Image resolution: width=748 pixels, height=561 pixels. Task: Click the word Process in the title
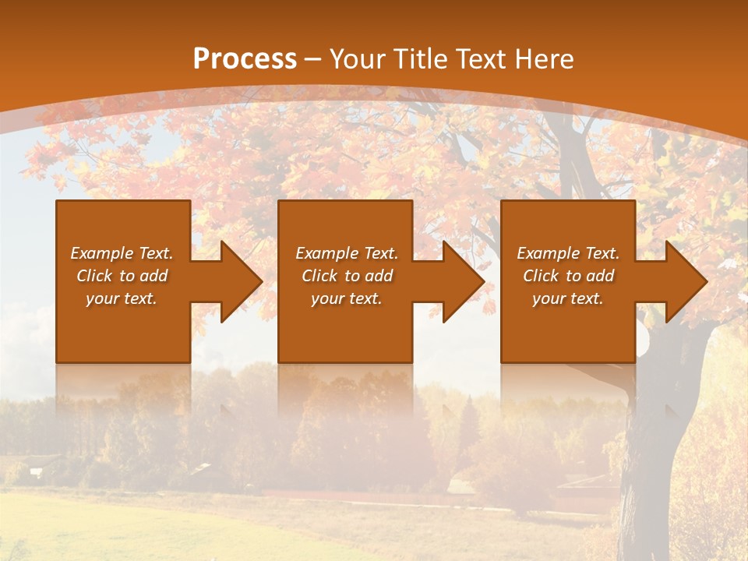[245, 58]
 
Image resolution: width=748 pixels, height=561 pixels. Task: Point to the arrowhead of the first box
[237, 281]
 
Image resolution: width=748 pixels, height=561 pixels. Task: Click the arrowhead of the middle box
[460, 281]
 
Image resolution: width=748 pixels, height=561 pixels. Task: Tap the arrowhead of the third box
[683, 281]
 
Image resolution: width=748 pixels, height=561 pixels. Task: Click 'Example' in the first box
[101, 253]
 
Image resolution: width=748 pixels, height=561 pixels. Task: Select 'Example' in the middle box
[326, 253]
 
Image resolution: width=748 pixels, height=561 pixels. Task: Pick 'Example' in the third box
[548, 253]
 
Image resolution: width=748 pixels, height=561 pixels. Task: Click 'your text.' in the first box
[122, 298]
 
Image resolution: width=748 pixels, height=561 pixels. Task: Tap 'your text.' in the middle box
[347, 298]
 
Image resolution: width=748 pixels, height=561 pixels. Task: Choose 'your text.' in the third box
[568, 298]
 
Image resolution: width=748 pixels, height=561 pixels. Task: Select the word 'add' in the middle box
[379, 276]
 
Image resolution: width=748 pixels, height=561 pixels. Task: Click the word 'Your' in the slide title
[356, 58]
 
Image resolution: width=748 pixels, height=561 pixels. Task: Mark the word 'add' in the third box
[600, 276]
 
